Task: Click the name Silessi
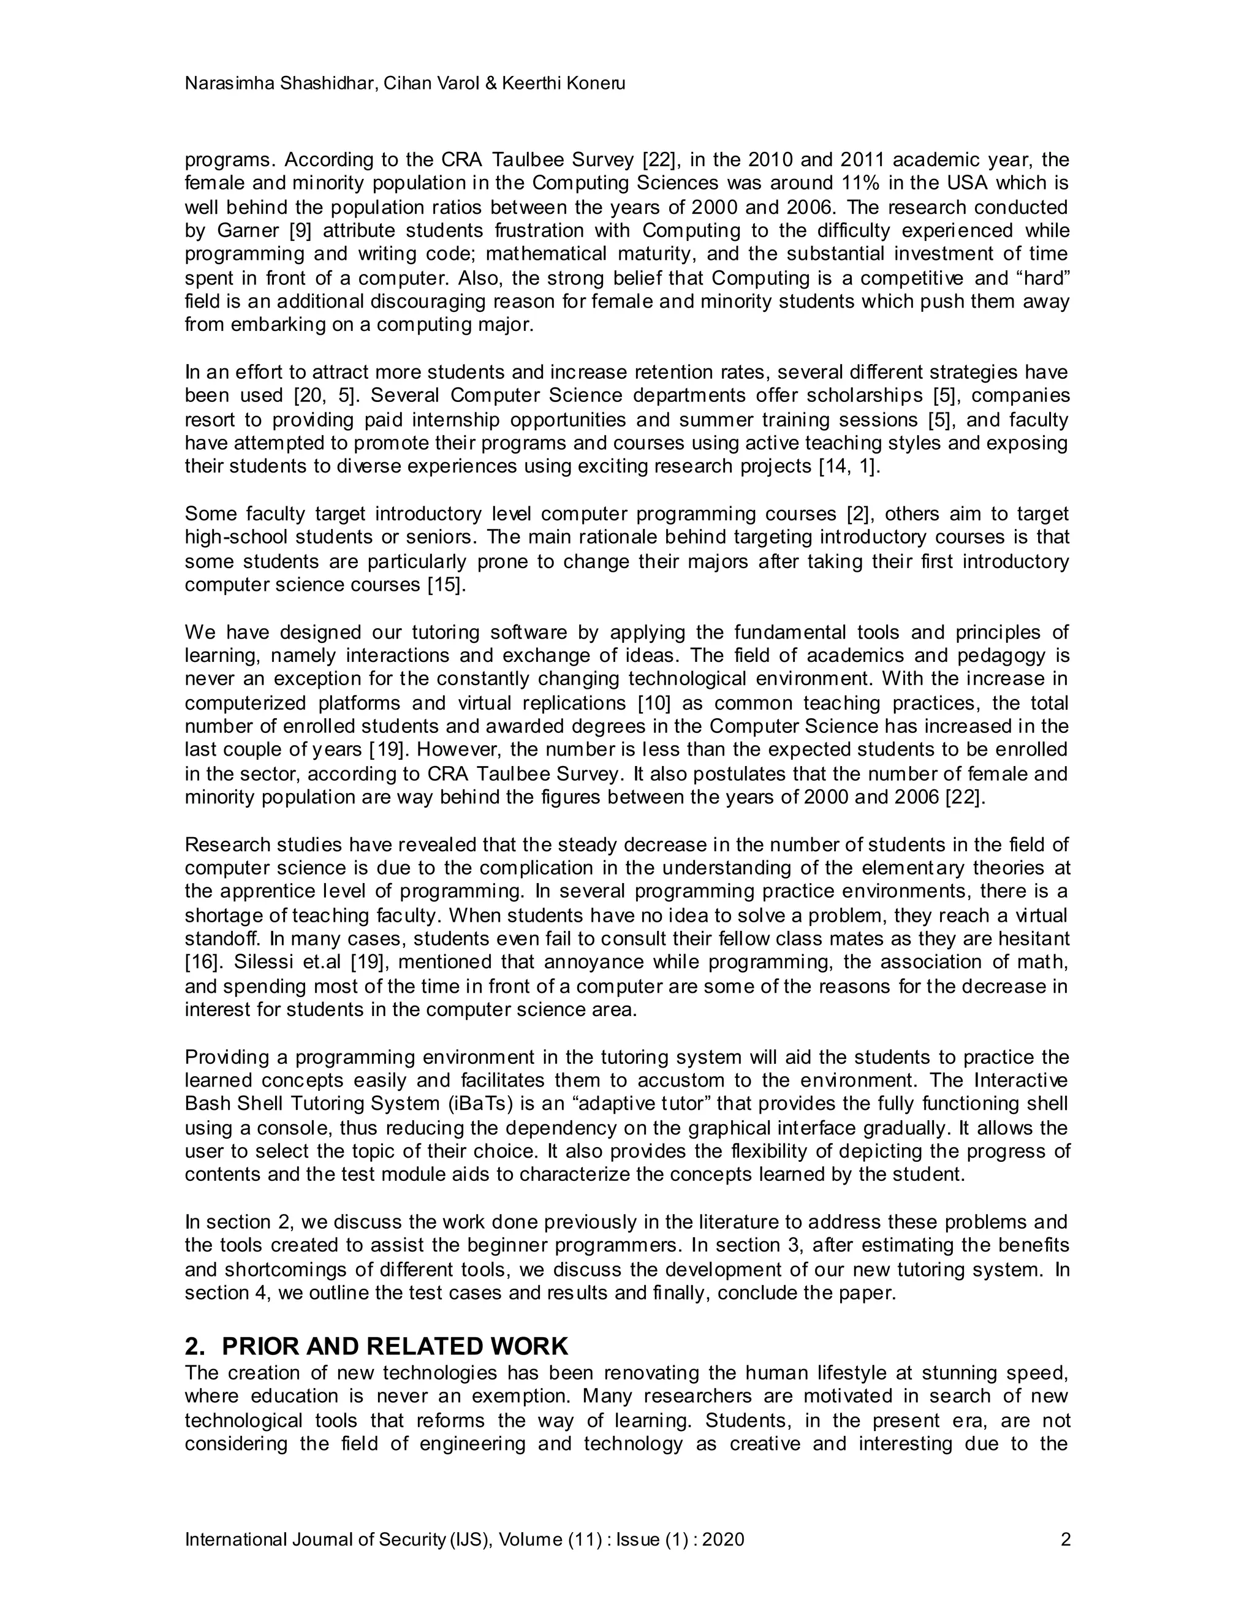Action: click(x=261, y=962)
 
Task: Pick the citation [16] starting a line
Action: click(x=203, y=962)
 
